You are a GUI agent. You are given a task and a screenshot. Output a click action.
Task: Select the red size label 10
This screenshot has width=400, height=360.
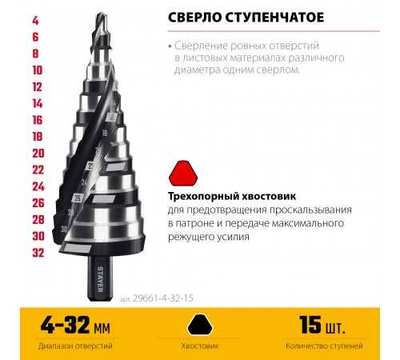click(15, 70)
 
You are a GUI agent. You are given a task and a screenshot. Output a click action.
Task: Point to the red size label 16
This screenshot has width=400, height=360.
click(15, 120)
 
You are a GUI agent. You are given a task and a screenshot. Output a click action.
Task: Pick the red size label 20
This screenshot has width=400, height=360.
click(15, 153)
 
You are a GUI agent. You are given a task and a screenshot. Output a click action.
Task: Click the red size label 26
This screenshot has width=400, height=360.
click(15, 202)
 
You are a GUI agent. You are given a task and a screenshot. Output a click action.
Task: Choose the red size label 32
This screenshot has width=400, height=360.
click(15, 253)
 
